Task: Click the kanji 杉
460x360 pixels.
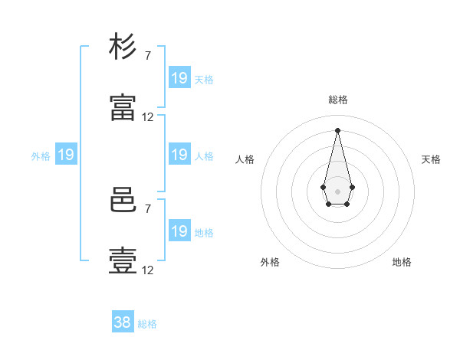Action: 123,46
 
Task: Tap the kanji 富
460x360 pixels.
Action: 123,107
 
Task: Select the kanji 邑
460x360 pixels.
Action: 123,200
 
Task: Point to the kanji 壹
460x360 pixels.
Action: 123,260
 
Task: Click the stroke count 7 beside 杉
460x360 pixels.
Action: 148,55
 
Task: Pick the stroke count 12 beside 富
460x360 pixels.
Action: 147,117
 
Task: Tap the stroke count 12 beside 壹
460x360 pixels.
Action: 147,270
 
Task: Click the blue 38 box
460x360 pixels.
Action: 123,321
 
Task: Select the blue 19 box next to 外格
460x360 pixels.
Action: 66,154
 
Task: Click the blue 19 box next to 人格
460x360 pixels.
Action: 180,154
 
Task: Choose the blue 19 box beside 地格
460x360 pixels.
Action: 180,230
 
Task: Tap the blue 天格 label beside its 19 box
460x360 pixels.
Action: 204,80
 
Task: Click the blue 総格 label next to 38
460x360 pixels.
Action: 147,324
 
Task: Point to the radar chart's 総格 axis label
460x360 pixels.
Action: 338,100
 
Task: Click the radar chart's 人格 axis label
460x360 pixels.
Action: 245,159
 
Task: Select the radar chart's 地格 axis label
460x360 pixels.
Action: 402,262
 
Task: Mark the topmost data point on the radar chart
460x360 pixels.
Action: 337,130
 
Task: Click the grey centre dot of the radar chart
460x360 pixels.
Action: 337,191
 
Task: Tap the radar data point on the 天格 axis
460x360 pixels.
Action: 353,187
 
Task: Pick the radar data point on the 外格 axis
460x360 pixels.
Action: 329,204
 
